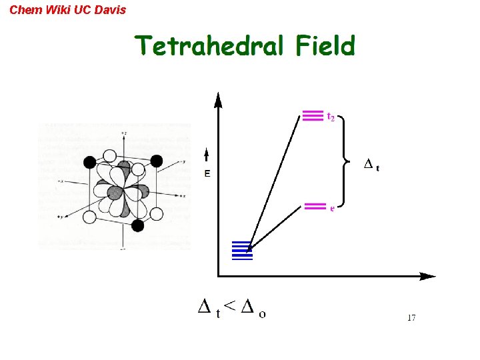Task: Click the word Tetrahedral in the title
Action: [x=209, y=47]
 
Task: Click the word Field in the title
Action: [x=325, y=47]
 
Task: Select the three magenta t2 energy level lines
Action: [x=313, y=116]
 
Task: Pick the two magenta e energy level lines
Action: [x=315, y=206]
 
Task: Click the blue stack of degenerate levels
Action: [x=242, y=249]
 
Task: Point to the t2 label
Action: [x=330, y=117]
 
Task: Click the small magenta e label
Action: [x=332, y=208]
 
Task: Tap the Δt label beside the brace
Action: [x=371, y=165]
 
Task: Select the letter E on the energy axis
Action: [x=207, y=174]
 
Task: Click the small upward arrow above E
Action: [x=207, y=157]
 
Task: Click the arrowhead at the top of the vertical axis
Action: [x=218, y=100]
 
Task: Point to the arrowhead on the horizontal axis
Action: [x=428, y=276]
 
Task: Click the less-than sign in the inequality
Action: [x=229, y=305]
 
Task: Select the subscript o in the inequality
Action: [x=262, y=313]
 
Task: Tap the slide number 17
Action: [x=411, y=318]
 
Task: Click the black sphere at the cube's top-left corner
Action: [x=89, y=161]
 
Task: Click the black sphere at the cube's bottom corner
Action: [x=138, y=225]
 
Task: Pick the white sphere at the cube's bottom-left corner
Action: [x=89, y=217]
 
